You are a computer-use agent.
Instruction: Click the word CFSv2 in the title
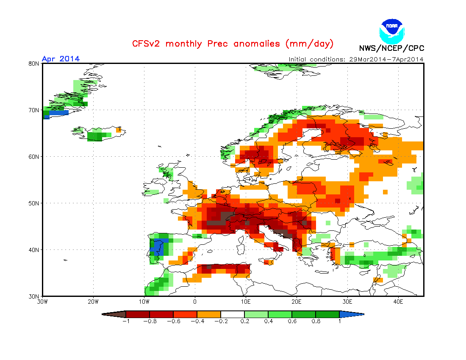(x=147, y=44)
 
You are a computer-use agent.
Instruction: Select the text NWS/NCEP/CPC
(x=391, y=48)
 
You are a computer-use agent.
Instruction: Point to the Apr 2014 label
(x=61, y=59)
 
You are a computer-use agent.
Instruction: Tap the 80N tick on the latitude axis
(x=34, y=64)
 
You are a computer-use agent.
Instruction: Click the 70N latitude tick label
(x=34, y=110)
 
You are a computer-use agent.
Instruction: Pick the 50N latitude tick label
(x=34, y=203)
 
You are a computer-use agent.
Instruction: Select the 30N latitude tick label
(x=34, y=296)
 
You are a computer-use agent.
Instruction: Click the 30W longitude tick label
(x=42, y=302)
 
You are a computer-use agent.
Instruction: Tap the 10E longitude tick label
(x=246, y=302)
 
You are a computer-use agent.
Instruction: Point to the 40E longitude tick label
(x=398, y=302)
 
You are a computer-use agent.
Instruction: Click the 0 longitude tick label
(x=195, y=302)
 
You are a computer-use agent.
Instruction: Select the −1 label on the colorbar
(x=125, y=321)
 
